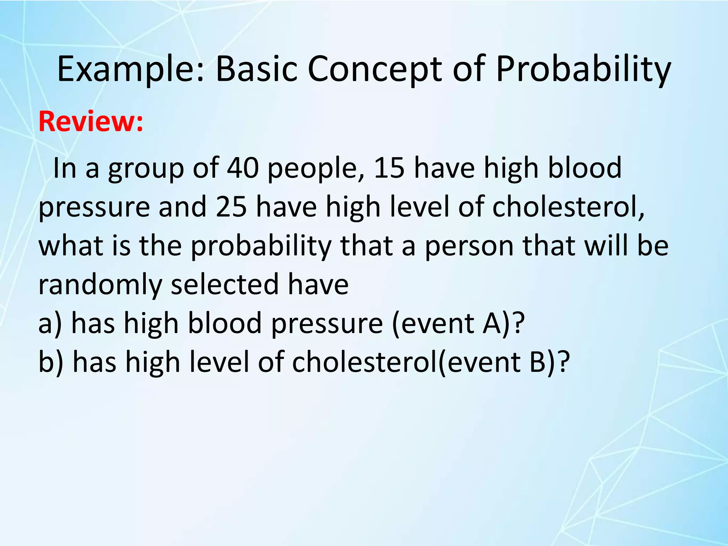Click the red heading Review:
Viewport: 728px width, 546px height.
pyautogui.click(x=91, y=122)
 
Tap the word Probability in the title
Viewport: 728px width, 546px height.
pyautogui.click(x=583, y=69)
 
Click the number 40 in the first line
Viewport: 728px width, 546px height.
pyautogui.click(x=243, y=168)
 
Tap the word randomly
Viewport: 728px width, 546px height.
pyautogui.click(x=100, y=285)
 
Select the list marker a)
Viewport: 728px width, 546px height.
pyautogui.click(x=50, y=323)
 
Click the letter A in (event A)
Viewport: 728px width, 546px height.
pyautogui.click(x=491, y=323)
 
